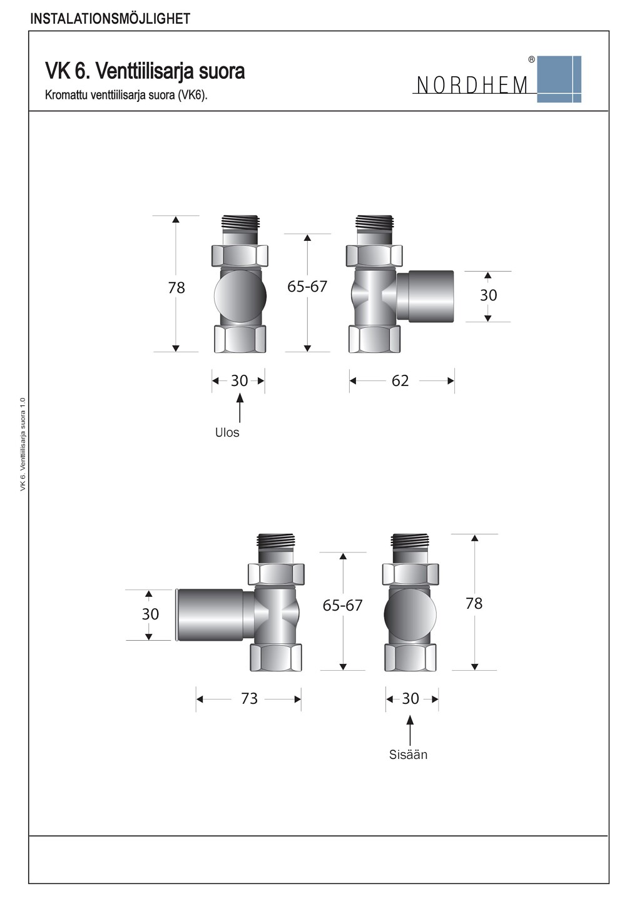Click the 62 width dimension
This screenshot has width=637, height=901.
400,380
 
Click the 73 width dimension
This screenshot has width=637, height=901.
249,699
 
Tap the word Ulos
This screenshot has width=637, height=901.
227,432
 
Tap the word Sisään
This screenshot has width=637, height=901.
408,754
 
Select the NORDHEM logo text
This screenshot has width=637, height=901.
472,85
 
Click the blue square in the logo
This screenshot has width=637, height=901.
559,79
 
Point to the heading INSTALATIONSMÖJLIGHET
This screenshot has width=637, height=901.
110,19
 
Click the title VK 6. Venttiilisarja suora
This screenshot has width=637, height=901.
145,71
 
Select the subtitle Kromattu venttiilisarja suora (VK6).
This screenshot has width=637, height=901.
126,96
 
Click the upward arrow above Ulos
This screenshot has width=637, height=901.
240,408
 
